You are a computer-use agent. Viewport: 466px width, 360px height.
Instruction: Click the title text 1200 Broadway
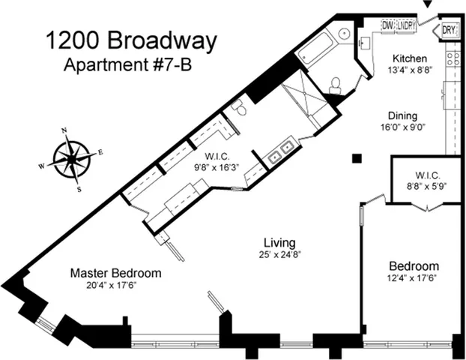pos(131,41)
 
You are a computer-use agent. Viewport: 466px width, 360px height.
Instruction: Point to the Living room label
pos(279,243)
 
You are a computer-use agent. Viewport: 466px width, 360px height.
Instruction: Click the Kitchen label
pos(411,58)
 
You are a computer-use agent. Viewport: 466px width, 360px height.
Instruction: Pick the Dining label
pos(402,116)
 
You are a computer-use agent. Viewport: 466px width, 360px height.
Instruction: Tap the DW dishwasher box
pos(388,26)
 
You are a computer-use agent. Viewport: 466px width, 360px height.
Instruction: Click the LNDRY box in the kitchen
pos(406,26)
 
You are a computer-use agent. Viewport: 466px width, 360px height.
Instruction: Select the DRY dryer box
pos(449,31)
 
